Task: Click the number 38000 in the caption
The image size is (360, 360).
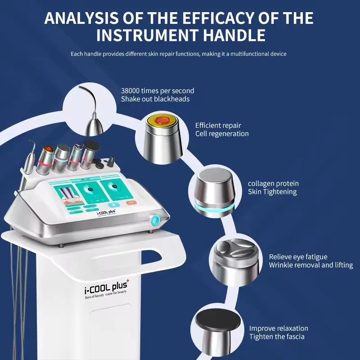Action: (131, 90)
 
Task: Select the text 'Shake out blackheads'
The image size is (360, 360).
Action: (155, 99)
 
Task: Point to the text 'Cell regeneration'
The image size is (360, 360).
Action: (221, 134)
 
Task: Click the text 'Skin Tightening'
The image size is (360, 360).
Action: (272, 192)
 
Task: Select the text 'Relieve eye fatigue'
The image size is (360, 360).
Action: (298, 256)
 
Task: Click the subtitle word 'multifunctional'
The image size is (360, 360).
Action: (246, 54)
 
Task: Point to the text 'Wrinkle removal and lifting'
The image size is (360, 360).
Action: (310, 265)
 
